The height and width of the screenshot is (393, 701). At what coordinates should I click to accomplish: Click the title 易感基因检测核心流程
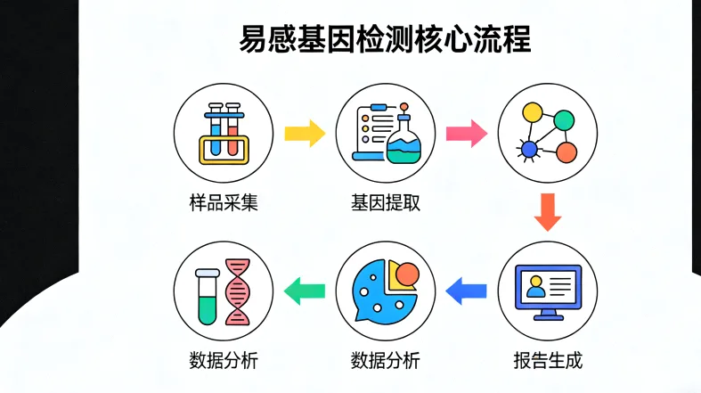click(x=385, y=41)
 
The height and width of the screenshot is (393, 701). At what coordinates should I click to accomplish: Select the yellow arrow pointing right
click(x=304, y=135)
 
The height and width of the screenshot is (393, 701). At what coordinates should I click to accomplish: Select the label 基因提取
click(x=385, y=203)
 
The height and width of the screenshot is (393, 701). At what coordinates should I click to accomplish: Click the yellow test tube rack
click(x=224, y=148)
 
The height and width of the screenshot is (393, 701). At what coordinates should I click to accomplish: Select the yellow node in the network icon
click(x=532, y=113)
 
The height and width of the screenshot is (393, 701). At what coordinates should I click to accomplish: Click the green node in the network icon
click(x=563, y=119)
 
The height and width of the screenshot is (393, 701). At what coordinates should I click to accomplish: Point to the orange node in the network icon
click(x=565, y=151)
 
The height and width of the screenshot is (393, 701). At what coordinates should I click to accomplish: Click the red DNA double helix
click(x=237, y=291)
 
